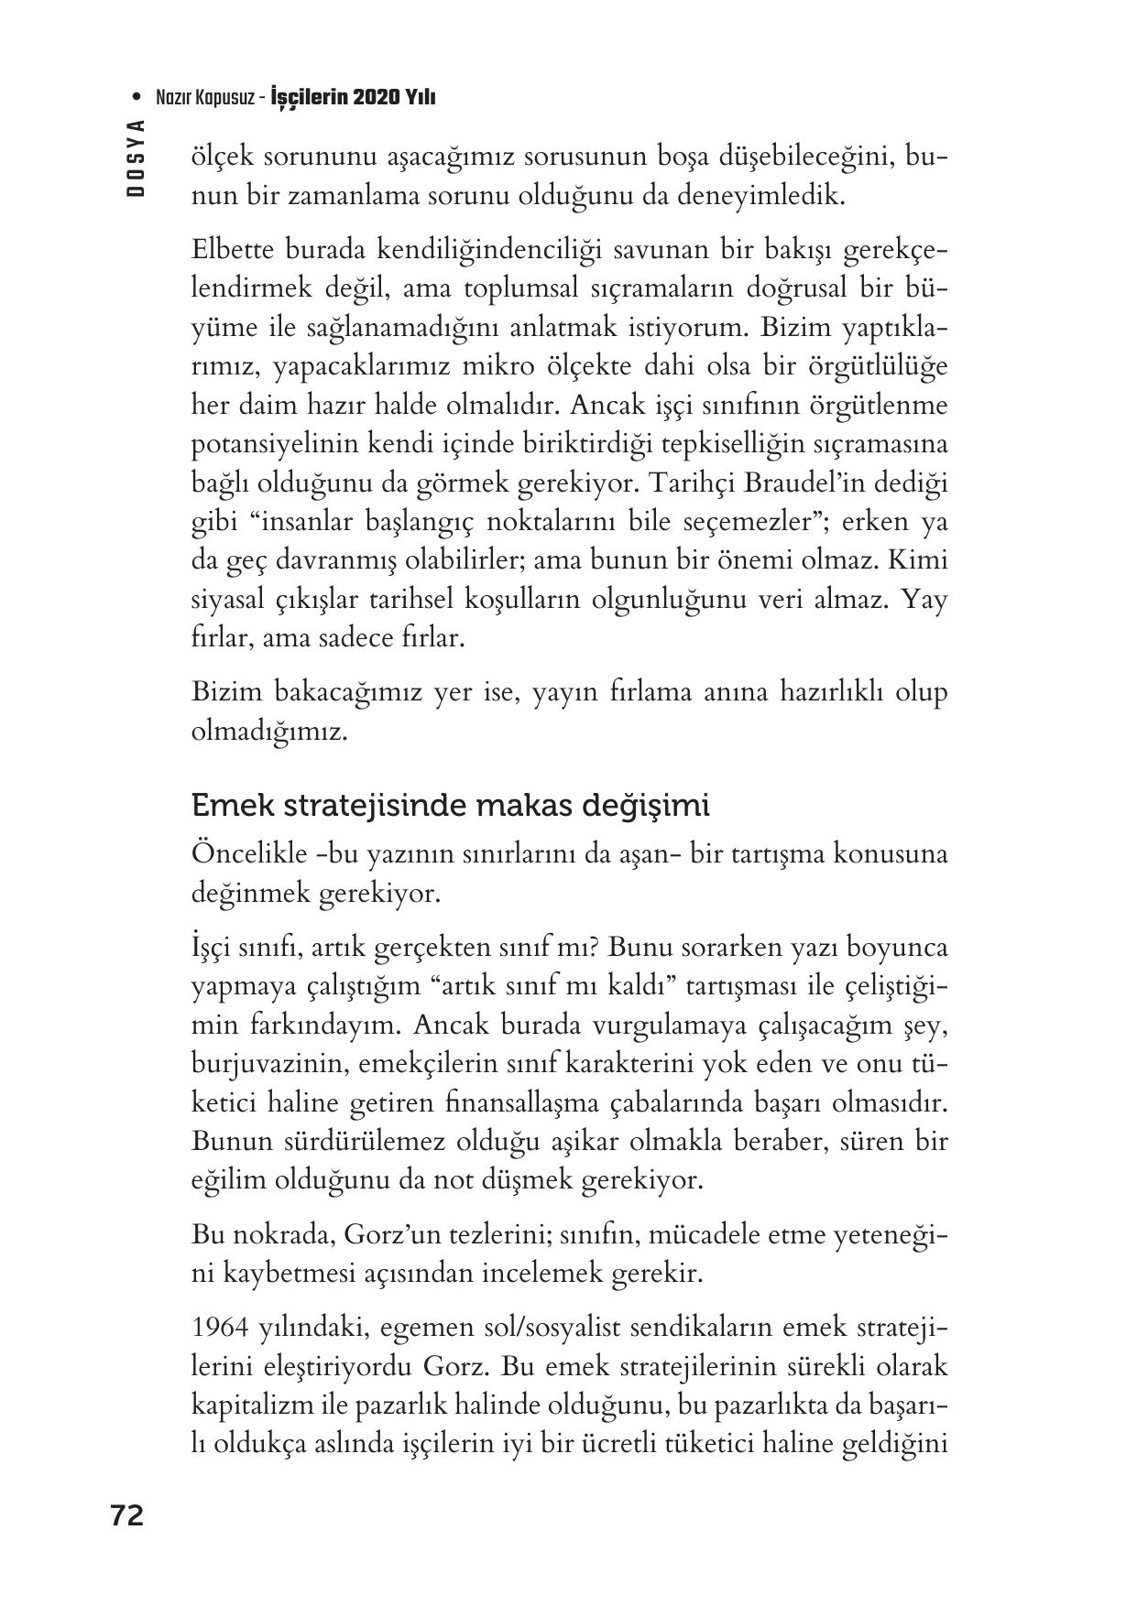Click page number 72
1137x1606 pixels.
[x=126, y=1515]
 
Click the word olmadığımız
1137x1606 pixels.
[x=269, y=732]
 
